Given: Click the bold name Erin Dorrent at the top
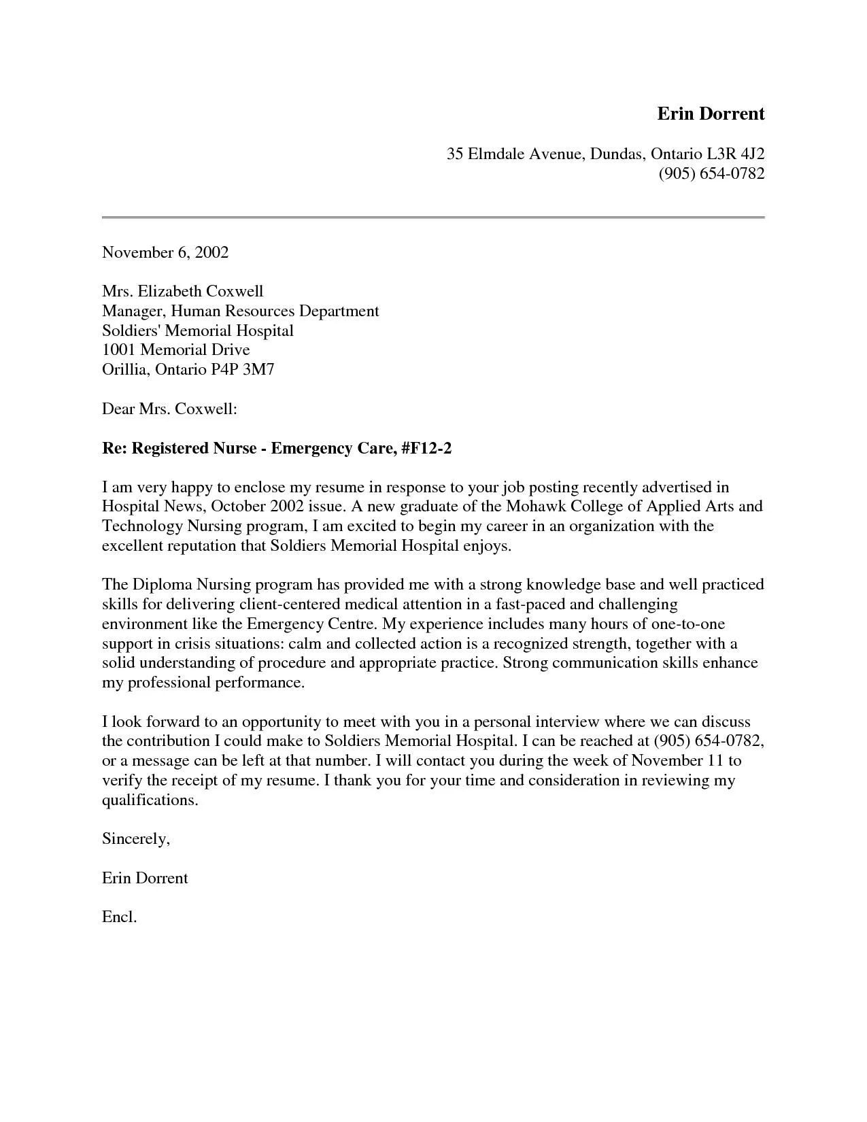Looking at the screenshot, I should tap(711, 114).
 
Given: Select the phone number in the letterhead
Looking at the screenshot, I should tap(711, 174).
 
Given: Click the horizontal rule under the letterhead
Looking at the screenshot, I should tap(433, 218).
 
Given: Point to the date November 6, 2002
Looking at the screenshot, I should tap(165, 253).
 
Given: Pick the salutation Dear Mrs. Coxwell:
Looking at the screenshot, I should tap(169, 409).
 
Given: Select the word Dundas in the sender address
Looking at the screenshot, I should tap(614, 154).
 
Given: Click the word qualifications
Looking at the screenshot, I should tap(150, 800).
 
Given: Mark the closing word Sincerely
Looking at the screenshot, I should tap(135, 839).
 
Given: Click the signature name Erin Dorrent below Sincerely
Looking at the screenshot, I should tap(145, 879).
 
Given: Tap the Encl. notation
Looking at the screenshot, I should tap(120, 917).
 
